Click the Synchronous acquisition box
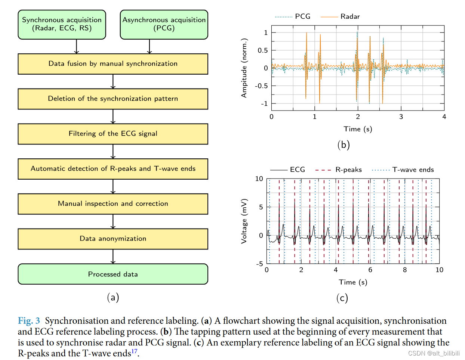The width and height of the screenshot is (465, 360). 62,25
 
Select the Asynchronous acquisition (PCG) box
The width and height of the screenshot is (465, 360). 164,25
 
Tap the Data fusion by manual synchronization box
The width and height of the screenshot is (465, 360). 113,64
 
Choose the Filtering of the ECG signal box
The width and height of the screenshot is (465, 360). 113,134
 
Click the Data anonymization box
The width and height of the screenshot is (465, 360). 113,239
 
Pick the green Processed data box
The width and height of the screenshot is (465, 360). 113,274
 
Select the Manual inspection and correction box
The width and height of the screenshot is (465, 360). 113,204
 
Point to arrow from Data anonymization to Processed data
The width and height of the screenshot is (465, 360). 113,257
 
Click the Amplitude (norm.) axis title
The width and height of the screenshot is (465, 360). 244,68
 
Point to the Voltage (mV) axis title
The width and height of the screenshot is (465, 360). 244,221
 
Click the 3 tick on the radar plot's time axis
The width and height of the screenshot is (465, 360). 401,117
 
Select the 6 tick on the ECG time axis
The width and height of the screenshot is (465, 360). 370,270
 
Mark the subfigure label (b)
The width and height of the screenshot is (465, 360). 343,145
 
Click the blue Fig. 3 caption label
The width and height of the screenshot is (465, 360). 29,321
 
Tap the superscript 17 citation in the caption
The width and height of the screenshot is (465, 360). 134,351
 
